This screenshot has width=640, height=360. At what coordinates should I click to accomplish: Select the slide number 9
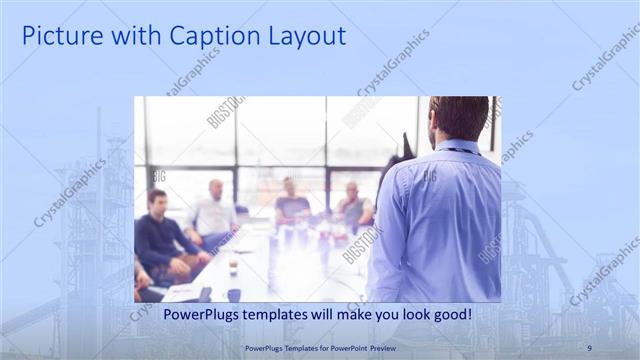589,347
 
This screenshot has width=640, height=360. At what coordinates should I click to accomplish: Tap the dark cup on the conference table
233,294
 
